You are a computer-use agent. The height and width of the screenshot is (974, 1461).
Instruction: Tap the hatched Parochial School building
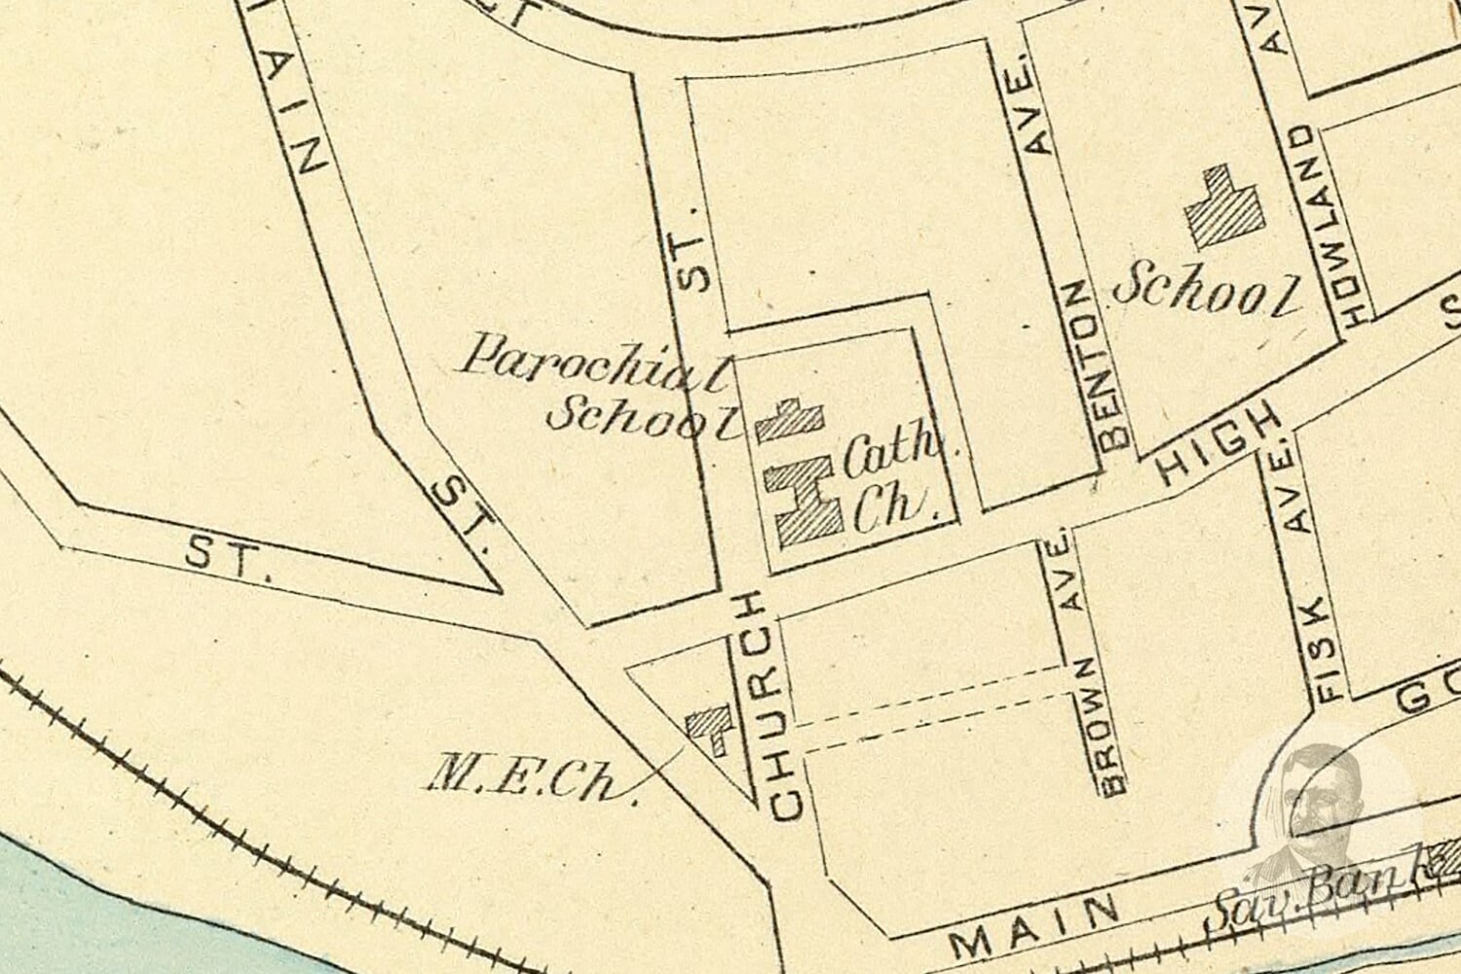point(791,421)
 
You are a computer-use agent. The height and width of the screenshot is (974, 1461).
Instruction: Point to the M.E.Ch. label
point(532,779)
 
